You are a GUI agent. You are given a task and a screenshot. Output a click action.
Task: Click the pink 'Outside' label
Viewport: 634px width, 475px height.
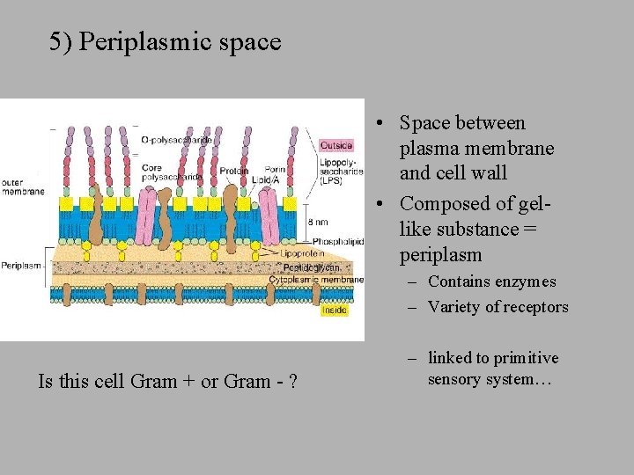tap(335, 145)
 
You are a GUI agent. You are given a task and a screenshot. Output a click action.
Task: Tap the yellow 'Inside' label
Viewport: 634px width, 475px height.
tap(334, 310)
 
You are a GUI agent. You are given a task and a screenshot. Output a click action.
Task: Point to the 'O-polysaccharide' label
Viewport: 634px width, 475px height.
tap(176, 139)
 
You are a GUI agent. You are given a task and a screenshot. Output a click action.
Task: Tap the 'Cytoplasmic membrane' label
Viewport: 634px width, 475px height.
tap(316, 280)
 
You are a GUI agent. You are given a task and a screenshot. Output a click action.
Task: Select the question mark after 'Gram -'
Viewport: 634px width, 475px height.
tap(291, 381)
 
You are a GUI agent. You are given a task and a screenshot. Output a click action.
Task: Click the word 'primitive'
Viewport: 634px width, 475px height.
tap(527, 358)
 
